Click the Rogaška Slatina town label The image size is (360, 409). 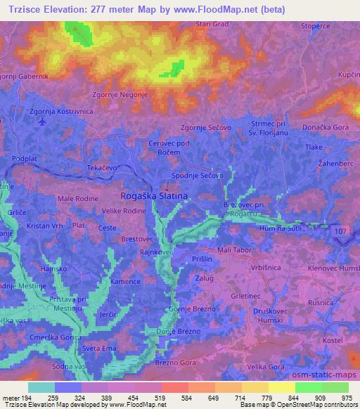click(x=154, y=197)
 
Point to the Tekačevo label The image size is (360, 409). click(x=101, y=169)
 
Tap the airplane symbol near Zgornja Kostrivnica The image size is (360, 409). click(x=44, y=121)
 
